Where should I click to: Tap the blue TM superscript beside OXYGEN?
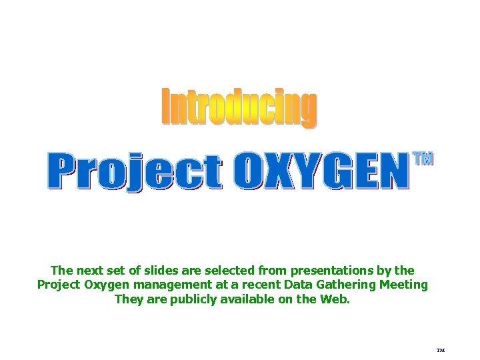pyautogui.click(x=423, y=159)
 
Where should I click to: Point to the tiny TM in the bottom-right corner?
pyautogui.click(x=440, y=349)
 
